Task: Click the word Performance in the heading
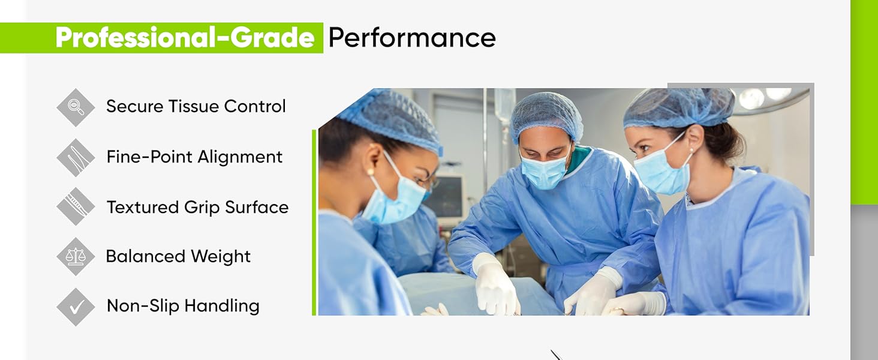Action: coord(412,38)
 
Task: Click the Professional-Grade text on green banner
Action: coord(185,38)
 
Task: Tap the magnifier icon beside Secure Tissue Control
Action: coord(76,107)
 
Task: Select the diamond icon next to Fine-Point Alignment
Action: coord(76,158)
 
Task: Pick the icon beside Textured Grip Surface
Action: coord(76,206)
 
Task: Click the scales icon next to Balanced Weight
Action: coord(76,257)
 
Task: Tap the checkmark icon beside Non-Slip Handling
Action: coord(76,307)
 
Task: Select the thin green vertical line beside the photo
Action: coord(314,222)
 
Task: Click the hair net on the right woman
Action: coord(678,108)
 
